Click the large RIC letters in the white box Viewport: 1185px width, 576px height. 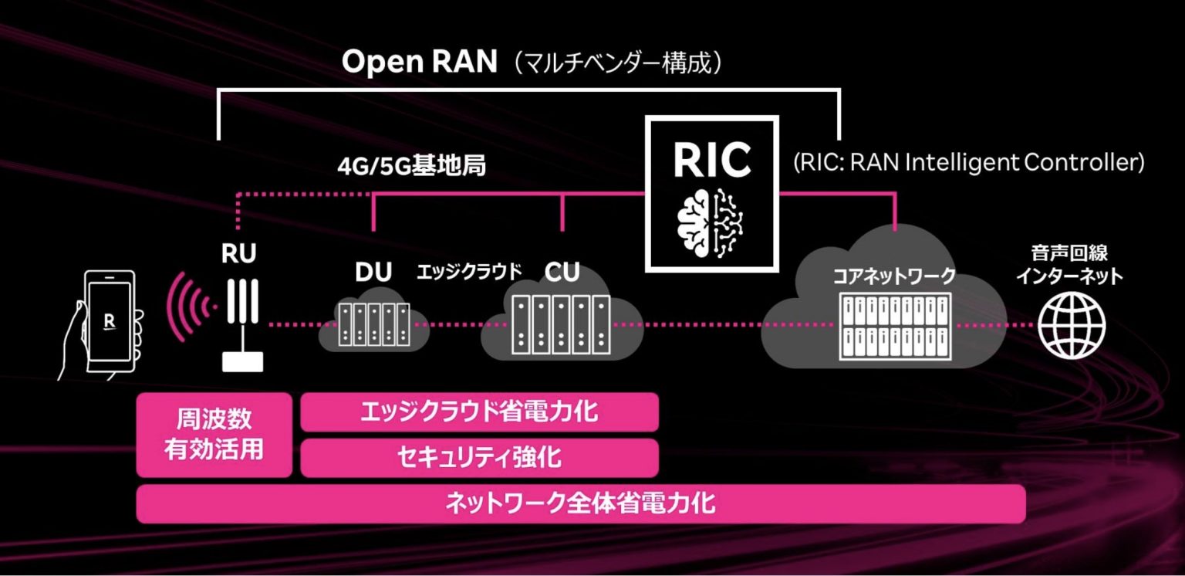tap(711, 158)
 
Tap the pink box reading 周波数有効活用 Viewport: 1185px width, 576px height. tap(214, 435)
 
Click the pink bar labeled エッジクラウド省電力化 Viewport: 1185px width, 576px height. tap(478, 412)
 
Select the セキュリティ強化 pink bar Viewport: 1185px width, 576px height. tap(478, 458)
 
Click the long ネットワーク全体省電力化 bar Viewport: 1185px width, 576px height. tap(580, 503)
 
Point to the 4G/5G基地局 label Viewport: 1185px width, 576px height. tap(412, 166)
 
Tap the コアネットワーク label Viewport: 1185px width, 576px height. tap(893, 276)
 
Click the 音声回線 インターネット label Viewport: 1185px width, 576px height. tap(1069, 265)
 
